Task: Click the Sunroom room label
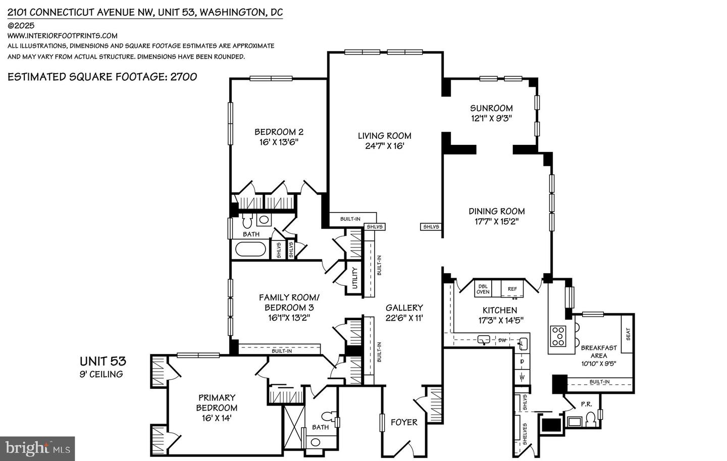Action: coord(491,108)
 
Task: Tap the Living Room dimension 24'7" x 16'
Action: coord(385,146)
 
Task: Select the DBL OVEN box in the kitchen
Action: coord(483,289)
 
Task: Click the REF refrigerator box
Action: coord(512,289)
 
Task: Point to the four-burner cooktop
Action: coord(558,336)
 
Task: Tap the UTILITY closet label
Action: coord(354,278)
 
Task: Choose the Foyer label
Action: coord(404,422)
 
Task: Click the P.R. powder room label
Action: coord(586,404)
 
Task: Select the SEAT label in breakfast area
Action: coord(628,334)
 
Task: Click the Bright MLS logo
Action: coord(37,448)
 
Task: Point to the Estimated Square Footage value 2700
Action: coord(184,77)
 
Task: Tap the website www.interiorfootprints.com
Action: coord(63,35)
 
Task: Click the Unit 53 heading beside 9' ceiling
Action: coord(102,361)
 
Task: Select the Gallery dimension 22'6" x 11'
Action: coord(404,318)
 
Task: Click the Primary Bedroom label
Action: coord(217,402)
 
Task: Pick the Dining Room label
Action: coord(496,211)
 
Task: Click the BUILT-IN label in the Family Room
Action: coord(281,350)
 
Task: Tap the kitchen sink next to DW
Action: coord(484,340)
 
